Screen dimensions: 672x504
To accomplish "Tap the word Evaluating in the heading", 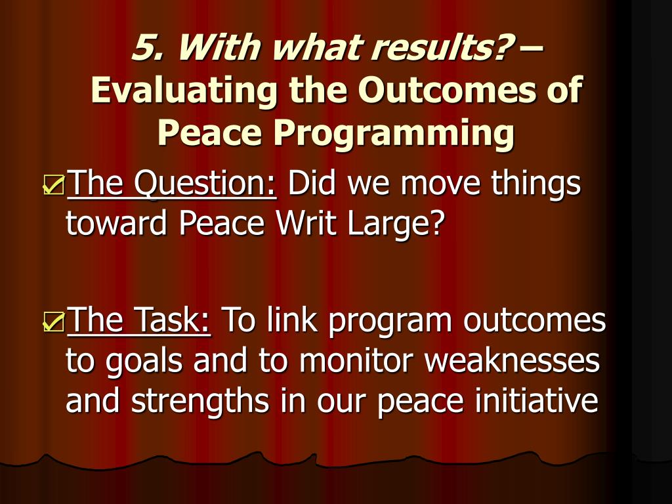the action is click(184, 91).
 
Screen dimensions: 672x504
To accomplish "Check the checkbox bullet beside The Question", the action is click(54, 185).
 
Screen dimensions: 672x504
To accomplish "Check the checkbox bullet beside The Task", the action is click(54, 322).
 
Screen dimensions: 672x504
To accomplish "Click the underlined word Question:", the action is click(205, 184).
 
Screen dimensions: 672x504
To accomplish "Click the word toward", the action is click(116, 223).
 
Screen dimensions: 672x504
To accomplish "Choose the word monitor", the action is click(356, 360).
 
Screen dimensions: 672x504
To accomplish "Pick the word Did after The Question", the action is click(312, 184).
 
